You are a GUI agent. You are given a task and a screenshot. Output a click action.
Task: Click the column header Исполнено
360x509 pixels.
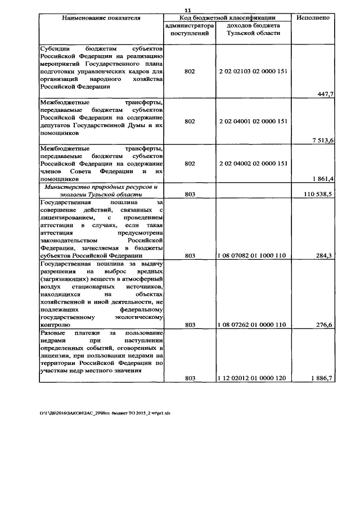point(313,17)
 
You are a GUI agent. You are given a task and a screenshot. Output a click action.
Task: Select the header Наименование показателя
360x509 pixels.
point(101,17)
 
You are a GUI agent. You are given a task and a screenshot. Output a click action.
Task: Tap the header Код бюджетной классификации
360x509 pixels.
point(227,17)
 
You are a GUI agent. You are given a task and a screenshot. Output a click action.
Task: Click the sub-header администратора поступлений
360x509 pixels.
point(190,30)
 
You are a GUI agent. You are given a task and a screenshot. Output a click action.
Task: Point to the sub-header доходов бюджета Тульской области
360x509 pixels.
point(252,30)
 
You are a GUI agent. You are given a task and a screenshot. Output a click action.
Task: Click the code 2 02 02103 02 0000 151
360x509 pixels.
point(253,72)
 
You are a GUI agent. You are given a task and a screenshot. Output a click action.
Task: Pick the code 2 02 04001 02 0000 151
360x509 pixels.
point(253,121)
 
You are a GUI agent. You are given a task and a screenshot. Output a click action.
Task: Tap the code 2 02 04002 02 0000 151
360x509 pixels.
point(253,163)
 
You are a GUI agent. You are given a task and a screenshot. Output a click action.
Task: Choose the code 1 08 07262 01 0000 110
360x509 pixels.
point(252,325)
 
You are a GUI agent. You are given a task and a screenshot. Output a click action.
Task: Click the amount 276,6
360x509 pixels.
point(323,325)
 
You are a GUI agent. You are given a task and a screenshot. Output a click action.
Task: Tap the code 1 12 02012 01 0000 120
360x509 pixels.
point(252,379)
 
